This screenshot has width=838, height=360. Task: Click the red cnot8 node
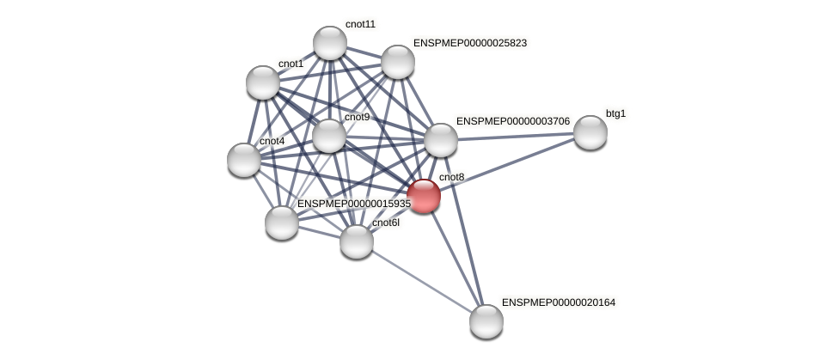pos(424,196)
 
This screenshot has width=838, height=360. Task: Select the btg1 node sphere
pos(590,132)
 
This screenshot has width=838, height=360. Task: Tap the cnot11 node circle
pos(330,43)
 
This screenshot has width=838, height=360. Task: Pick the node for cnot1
pos(263,82)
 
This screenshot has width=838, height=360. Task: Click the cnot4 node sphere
pos(244,160)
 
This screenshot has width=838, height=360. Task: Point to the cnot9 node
pos(329,136)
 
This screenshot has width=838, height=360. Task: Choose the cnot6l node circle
pos(357,241)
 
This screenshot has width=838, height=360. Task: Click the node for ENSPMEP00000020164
pos(486,321)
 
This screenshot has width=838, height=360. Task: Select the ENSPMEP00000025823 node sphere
pos(398,62)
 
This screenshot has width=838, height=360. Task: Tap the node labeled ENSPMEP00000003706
pos(441,140)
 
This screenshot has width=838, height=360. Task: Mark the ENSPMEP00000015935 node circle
pos(282,223)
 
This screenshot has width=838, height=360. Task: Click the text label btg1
pos(616,113)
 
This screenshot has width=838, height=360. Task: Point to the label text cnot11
pos(360,24)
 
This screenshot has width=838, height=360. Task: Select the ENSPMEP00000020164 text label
pos(559,302)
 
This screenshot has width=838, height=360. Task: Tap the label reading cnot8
pos(451,177)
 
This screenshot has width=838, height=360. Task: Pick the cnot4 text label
pos(272,141)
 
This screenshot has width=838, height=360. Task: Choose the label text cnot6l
pos(385,223)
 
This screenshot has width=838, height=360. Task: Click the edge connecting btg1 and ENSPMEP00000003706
pos(516,136)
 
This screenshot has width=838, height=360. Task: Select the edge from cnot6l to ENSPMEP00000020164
pos(421,281)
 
